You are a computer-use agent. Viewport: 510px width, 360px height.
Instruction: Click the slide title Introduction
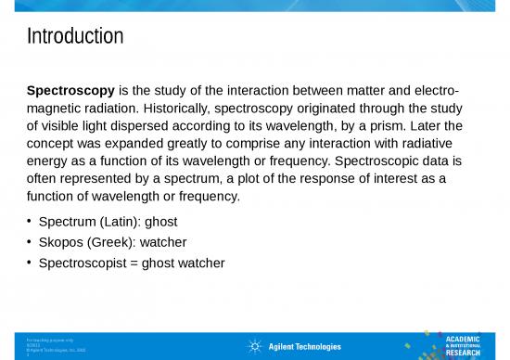pos(75,37)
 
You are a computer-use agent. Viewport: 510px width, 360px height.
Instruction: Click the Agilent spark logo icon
pos(254,347)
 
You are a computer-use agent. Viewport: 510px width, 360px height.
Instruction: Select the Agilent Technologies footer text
pos(304,347)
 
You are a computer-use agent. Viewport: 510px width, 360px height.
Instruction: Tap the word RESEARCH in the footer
pos(465,354)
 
